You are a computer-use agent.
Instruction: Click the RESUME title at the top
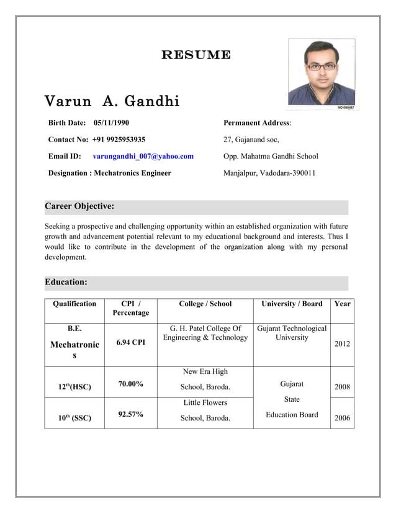click(x=196, y=55)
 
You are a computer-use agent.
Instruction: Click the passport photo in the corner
click(x=322, y=73)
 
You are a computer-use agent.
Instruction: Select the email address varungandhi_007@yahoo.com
click(x=143, y=157)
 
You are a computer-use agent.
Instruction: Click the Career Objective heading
click(x=79, y=206)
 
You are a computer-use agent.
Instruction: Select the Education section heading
click(x=66, y=282)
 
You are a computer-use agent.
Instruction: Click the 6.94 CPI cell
click(x=130, y=343)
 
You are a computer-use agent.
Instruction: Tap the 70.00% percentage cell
click(x=130, y=384)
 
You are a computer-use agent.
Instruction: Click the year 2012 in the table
click(x=342, y=343)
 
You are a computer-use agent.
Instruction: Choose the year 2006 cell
click(x=342, y=418)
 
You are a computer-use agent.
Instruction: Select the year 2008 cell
click(x=342, y=387)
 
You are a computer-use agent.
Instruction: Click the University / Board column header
click(x=292, y=304)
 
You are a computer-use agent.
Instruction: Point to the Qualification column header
click(x=74, y=304)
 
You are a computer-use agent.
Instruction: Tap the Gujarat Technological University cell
click(x=292, y=333)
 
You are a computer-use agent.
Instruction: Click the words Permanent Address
click(x=256, y=123)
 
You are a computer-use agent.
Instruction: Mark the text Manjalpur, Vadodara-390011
click(x=269, y=173)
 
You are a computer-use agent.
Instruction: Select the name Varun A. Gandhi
click(x=112, y=101)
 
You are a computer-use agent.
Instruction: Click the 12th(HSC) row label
click(x=74, y=387)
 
